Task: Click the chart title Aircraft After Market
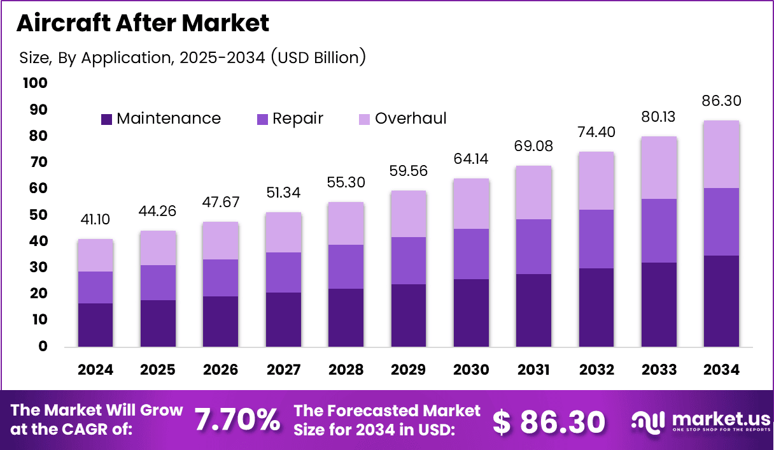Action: coord(143,23)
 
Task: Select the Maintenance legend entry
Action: coord(161,119)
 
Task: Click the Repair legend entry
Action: coord(290,119)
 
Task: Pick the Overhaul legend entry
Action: coord(403,119)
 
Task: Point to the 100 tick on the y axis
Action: coord(34,83)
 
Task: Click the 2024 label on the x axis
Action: coord(95,370)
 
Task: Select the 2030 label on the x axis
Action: coord(472,370)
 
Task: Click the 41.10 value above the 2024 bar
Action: coord(95,220)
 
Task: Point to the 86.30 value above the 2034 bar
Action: coord(722,101)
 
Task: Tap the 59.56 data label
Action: coord(409,171)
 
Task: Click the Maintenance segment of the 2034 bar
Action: coord(722,301)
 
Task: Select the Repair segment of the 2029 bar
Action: coord(409,260)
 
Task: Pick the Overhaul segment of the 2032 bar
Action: coord(596,181)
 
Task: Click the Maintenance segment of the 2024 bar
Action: coord(95,325)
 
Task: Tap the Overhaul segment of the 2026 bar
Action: coord(221,241)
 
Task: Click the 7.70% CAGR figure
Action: coord(237,420)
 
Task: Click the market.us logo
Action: coord(700,421)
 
